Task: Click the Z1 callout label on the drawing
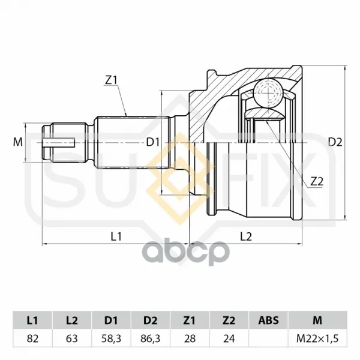point(111,80)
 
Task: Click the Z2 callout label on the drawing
point(317,182)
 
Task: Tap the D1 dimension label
point(153,143)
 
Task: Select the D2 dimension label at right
point(335,142)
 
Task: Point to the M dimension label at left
point(17,142)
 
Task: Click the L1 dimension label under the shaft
point(116,236)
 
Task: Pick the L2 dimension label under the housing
point(246,236)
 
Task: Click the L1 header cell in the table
point(32,320)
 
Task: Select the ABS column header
point(268,320)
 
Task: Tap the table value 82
point(32,338)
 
